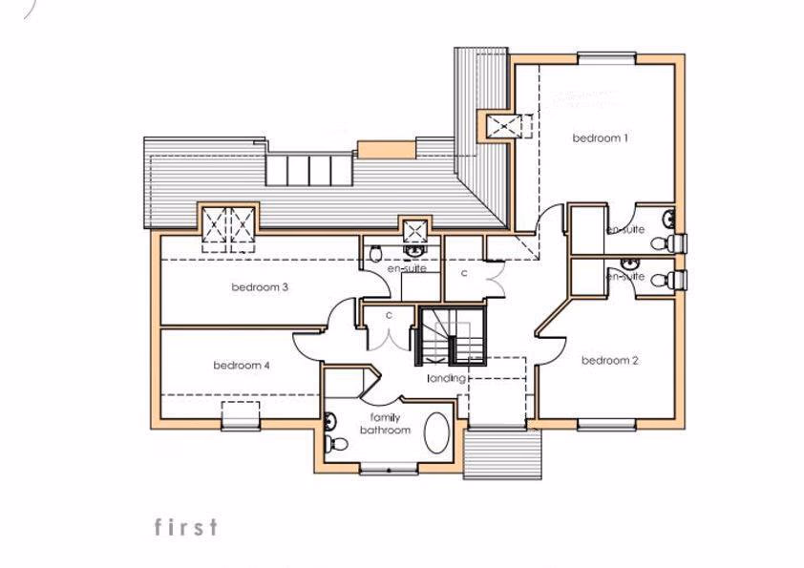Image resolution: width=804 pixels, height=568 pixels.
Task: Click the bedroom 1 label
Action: point(600,138)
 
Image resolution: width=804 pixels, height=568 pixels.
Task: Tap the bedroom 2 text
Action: point(609,360)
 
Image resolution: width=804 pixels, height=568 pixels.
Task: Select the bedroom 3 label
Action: point(259,287)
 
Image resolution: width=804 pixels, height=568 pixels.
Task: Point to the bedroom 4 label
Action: point(242,365)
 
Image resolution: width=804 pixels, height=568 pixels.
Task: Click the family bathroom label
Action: point(385,424)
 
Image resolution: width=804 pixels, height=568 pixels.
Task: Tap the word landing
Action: point(446,378)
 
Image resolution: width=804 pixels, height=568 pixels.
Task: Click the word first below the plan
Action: point(185,527)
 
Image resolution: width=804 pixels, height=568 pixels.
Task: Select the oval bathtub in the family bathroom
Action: point(438,433)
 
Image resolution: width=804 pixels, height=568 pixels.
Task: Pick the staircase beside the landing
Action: point(452,336)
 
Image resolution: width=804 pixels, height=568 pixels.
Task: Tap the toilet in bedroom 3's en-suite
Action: point(376,252)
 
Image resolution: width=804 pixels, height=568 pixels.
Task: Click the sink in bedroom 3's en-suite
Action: point(413,250)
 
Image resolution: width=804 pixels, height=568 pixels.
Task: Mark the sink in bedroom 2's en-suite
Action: point(629,263)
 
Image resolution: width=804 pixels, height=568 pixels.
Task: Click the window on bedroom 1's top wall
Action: point(606,58)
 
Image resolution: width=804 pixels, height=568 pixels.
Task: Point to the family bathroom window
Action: point(388,469)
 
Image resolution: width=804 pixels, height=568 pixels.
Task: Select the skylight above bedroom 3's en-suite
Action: point(414,229)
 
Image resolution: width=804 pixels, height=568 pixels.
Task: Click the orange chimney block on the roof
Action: point(386,149)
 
